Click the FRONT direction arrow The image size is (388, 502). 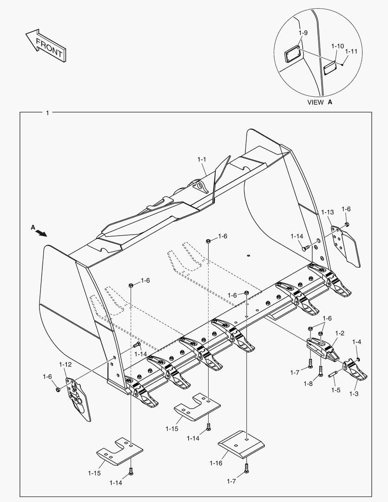pos(46,45)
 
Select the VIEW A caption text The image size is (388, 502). pos(320,102)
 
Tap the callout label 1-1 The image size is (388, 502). pos(202,159)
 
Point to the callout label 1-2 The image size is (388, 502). pos(339,333)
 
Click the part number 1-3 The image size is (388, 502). pos(354,394)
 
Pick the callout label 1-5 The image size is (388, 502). pos(335,390)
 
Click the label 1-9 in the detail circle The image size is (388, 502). pos(303,33)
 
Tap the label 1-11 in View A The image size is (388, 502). pos(351,51)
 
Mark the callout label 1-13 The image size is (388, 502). pos(327,212)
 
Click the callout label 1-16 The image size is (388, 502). pos(216,463)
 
